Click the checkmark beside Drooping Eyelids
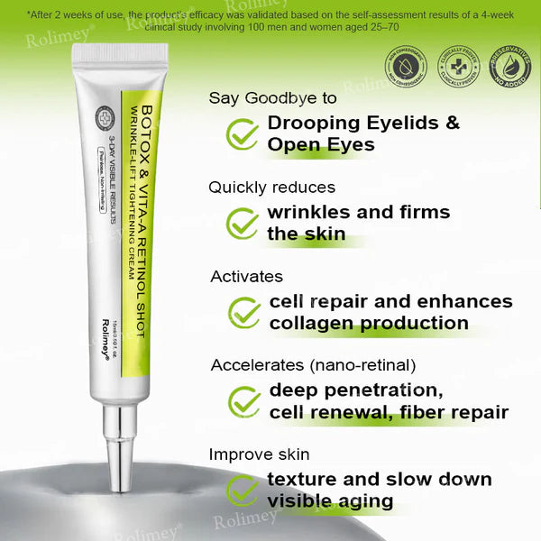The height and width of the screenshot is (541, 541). point(242,133)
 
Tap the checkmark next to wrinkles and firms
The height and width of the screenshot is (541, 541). point(242,223)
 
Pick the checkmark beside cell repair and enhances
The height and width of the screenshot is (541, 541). point(243,312)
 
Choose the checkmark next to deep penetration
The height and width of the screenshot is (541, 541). point(243,400)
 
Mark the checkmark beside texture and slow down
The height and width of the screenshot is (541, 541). point(242,490)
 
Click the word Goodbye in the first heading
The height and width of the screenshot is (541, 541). point(280,97)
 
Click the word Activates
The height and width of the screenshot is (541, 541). point(246,276)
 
